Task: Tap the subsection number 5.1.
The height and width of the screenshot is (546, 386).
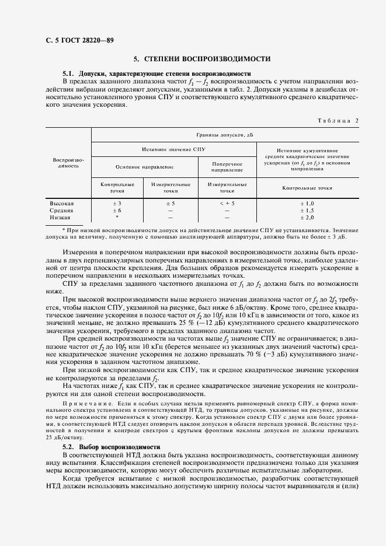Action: click(69, 74)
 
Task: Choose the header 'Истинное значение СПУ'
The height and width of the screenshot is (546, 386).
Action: click(173, 149)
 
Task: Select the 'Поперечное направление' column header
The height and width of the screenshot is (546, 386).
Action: click(227, 167)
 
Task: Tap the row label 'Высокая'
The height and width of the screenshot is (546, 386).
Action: click(62, 203)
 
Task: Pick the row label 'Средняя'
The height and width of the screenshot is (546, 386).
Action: click(62, 210)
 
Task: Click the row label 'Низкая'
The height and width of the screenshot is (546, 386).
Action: click(61, 217)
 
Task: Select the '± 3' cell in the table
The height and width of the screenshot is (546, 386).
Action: click(117, 203)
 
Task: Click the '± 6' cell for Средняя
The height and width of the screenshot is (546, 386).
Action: click(117, 210)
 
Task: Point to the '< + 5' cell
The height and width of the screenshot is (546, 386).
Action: click(227, 203)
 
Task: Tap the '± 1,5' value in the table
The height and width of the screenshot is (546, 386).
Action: click(307, 210)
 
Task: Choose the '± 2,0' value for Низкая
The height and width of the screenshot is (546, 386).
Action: click(307, 217)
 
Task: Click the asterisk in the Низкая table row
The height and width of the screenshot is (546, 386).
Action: click(117, 217)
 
